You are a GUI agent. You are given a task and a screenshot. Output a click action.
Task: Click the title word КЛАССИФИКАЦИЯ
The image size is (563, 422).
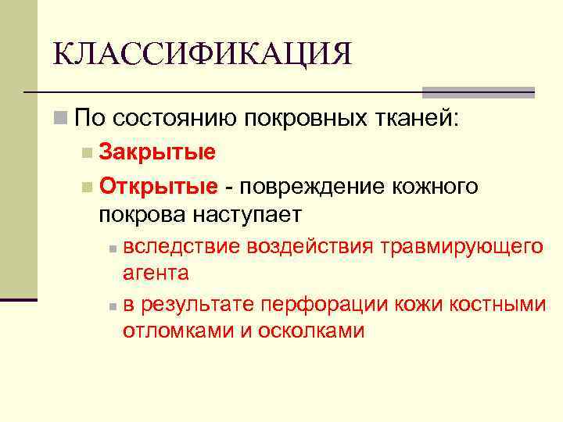(x=203, y=55)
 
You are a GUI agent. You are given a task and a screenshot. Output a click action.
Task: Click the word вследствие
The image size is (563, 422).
(x=181, y=247)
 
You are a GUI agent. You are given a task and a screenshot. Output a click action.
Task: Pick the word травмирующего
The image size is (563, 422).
(x=461, y=248)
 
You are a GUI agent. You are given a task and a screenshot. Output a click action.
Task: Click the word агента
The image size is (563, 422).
(x=156, y=274)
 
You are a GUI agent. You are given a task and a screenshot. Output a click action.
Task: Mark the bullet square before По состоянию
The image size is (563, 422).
(x=60, y=118)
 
